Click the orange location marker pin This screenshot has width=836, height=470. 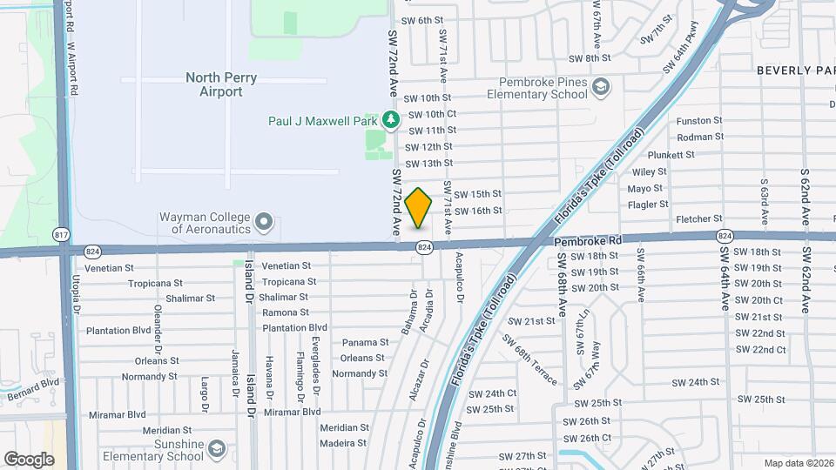[x=419, y=207]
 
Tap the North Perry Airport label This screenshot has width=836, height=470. [x=221, y=84]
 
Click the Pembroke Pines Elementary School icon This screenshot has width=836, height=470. [x=601, y=87]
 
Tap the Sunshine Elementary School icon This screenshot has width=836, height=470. [x=217, y=449]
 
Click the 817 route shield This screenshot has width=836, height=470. [x=61, y=235]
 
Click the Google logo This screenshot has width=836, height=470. [x=29, y=459]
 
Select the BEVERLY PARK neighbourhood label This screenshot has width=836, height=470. [x=795, y=70]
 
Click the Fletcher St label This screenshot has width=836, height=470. [x=694, y=218]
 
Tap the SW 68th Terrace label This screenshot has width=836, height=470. [x=534, y=365]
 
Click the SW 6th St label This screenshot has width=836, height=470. [x=422, y=20]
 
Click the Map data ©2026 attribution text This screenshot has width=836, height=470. [x=798, y=463]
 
